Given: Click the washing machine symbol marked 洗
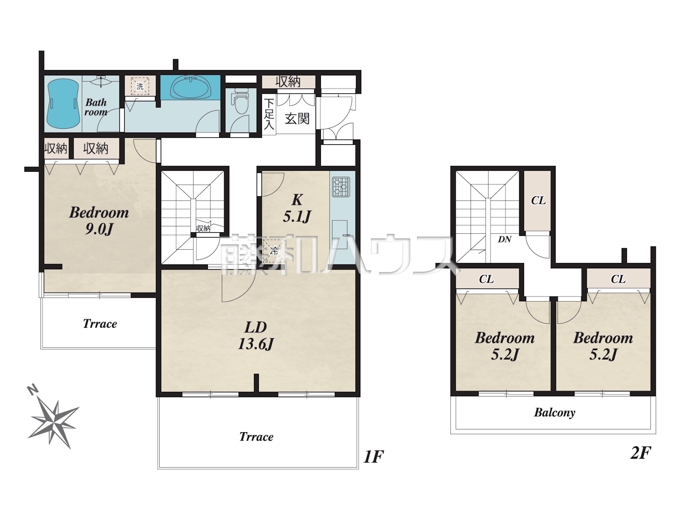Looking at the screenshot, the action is click(140, 86).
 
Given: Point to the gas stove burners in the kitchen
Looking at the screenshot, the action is click(341, 187).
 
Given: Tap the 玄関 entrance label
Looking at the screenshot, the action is click(297, 119).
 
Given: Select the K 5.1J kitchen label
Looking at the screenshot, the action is click(297, 208).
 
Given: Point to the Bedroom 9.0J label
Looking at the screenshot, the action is click(99, 221).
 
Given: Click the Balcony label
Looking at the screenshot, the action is click(555, 413).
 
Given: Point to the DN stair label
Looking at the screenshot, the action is click(504, 239).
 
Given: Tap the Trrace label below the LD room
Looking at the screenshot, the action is click(256, 437).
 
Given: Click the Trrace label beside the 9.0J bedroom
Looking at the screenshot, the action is click(100, 323).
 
